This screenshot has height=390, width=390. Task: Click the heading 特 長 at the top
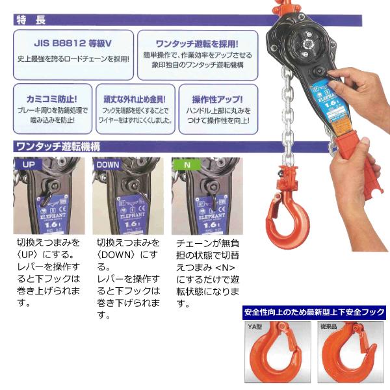[32, 20]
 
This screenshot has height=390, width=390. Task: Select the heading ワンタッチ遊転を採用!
[195, 44]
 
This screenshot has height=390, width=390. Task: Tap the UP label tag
[29, 164]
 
